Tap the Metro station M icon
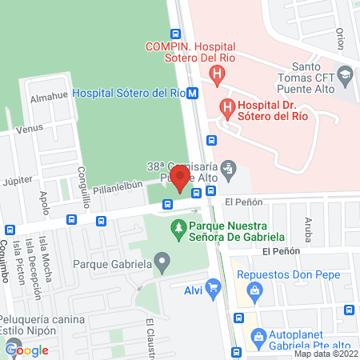point(193,93)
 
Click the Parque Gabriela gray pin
point(162,262)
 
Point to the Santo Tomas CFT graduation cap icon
point(344,76)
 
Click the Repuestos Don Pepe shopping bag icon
point(254,290)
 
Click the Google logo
point(27,350)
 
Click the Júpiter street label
point(19,181)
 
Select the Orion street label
point(340,38)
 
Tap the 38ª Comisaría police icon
point(229,168)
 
